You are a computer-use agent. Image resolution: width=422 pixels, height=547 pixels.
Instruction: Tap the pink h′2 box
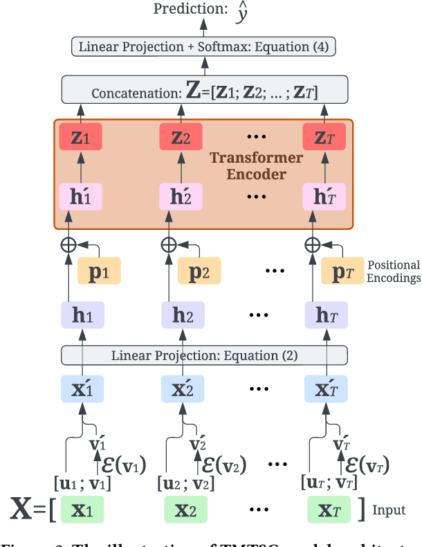coord(181,197)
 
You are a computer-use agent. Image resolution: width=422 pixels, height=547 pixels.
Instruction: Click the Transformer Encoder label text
coord(256,165)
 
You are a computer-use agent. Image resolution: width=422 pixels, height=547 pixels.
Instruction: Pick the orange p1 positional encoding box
coord(99,271)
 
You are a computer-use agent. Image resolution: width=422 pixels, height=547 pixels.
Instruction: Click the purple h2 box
coord(183,315)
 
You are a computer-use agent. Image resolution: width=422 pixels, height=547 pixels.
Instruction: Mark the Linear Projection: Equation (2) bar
coord(204,356)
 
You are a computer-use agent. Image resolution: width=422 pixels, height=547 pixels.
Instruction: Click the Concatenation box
coord(204,90)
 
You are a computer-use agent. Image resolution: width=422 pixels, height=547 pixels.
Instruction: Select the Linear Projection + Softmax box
coord(204,47)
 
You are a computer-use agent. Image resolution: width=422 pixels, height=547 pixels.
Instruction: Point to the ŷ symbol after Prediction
coord(241,12)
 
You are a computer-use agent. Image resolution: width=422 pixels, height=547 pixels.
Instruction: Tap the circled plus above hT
coord(313,244)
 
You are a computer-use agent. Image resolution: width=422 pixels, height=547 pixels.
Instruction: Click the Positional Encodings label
coord(394,271)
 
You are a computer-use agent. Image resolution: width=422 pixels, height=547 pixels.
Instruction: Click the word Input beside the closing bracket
coord(389,510)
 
